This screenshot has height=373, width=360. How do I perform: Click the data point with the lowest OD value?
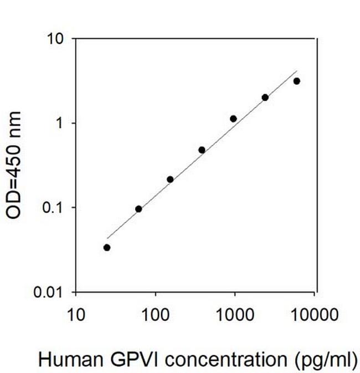tap(107, 247)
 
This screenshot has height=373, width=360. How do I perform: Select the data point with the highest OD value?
tap(297, 81)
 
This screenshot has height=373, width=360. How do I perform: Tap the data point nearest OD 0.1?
tap(138, 209)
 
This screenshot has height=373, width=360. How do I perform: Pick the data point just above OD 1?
tap(233, 118)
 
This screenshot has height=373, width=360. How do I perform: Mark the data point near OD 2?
tap(265, 97)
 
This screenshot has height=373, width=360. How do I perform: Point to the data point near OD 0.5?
tap(202, 150)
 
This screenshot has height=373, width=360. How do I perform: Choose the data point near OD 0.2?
tap(170, 179)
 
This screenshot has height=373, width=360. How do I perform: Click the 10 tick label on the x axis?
tap(76, 316)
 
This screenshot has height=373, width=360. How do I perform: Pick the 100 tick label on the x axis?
tap(156, 316)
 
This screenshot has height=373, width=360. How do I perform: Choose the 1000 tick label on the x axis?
tap(235, 316)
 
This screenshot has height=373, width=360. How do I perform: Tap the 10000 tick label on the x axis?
tap(315, 316)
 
